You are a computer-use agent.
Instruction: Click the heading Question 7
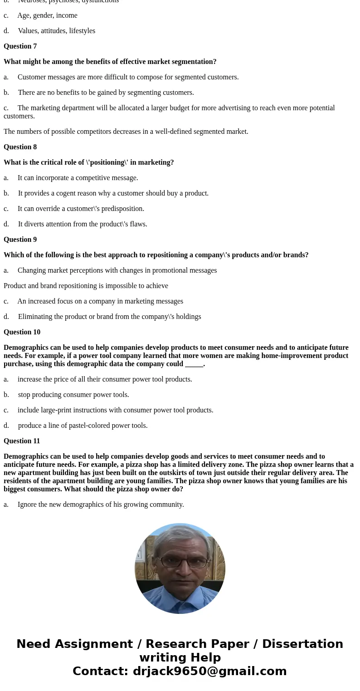(x=20, y=46)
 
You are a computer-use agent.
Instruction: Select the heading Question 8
(x=20, y=147)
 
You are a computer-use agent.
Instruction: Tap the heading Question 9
(x=20, y=240)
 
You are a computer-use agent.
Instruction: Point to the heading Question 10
(x=22, y=332)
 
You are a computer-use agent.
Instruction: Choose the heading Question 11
(x=22, y=441)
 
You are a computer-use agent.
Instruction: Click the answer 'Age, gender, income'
(x=47, y=15)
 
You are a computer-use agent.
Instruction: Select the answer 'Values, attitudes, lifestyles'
(x=56, y=31)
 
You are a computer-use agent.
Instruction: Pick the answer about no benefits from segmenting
(x=106, y=93)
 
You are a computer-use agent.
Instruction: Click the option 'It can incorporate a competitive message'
(x=78, y=178)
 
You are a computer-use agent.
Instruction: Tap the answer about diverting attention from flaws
(x=83, y=224)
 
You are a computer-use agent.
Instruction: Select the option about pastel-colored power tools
(x=83, y=426)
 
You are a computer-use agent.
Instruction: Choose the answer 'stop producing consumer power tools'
(x=73, y=395)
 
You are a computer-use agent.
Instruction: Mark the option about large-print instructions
(x=115, y=410)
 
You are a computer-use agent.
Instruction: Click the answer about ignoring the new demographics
(x=101, y=505)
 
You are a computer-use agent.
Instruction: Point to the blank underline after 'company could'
(x=194, y=364)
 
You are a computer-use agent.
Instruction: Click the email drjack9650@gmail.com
(x=209, y=671)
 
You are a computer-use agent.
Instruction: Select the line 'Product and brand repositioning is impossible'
(x=86, y=286)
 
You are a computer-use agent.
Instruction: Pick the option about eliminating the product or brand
(x=109, y=317)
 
